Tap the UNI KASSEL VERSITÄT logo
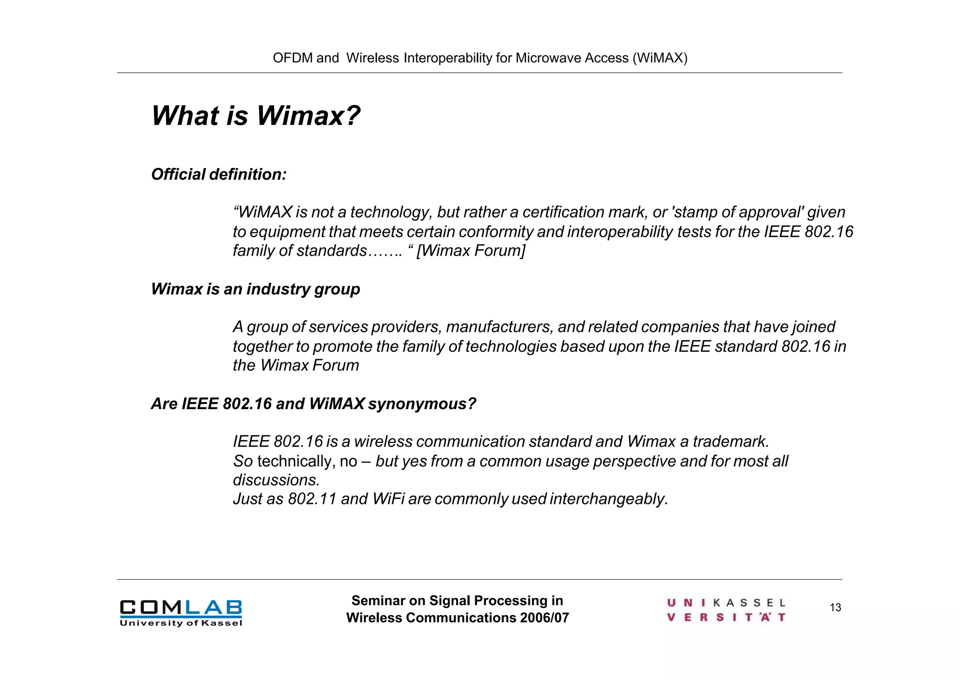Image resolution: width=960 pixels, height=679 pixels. [726, 610]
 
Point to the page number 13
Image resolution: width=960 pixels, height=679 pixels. [835, 608]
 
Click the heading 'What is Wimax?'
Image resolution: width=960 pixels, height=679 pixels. [256, 115]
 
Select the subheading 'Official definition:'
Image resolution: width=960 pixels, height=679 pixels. [218, 175]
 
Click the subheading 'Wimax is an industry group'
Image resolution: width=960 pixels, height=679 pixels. [255, 289]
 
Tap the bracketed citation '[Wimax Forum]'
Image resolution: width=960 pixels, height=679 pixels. [471, 251]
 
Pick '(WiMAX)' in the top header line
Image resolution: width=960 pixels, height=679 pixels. [660, 58]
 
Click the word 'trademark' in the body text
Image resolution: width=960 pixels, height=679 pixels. [730, 442]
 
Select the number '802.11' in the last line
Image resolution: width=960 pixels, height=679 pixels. [312, 499]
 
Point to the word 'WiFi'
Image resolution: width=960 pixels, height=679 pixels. [388, 499]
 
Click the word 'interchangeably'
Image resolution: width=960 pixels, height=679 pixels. [608, 499]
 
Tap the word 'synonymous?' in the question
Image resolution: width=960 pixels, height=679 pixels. [422, 404]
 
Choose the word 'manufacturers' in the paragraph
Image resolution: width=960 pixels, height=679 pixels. [499, 327]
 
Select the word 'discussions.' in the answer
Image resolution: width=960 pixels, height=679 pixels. [277, 480]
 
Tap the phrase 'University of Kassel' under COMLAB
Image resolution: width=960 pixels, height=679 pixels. [181, 623]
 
